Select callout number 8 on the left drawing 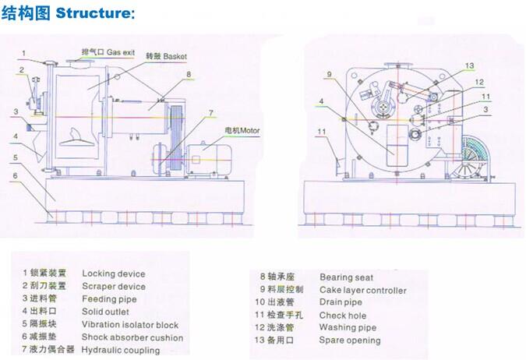pos(188,74)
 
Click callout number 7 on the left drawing pos(210,112)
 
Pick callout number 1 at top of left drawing pos(23,53)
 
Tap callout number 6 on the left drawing pos(13,175)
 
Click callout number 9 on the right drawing pos(330,75)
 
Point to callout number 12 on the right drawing pos(479,82)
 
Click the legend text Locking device pos(113,274)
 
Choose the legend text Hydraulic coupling pos(120,350)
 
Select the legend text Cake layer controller pos(362,290)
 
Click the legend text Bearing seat pos(346,277)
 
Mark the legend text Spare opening pos(350,341)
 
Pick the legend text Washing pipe pos(348,327)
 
